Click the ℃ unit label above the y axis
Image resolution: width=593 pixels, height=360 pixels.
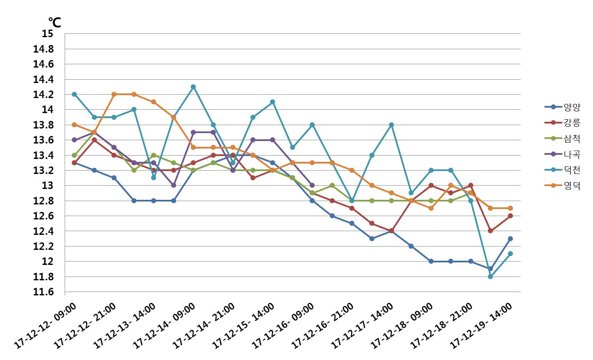55,22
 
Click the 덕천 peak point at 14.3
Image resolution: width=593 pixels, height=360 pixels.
193,87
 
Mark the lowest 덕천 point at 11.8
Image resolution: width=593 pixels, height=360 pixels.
490,276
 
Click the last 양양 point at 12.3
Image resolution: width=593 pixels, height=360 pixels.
510,239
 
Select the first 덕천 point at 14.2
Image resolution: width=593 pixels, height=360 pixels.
74,94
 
